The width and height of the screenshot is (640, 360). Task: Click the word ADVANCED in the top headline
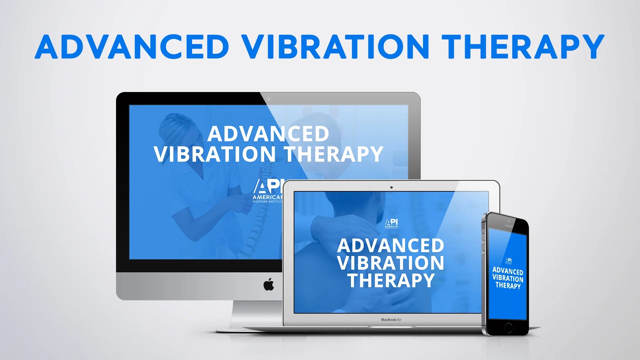tap(132, 47)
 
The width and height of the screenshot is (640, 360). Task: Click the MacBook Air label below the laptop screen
tap(391, 320)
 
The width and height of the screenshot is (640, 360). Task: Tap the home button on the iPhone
tap(508, 327)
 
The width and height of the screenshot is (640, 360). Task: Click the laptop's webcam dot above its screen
tap(391, 187)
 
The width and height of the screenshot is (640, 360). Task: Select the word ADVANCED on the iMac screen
tap(268, 134)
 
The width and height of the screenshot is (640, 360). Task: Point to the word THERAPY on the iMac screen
tap(333, 154)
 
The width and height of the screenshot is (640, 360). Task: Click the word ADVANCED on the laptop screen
tap(391, 246)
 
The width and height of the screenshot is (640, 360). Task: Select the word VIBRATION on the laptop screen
tap(391, 263)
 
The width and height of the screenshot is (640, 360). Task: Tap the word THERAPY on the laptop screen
tap(391, 280)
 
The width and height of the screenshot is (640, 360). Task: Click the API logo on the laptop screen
tap(391, 224)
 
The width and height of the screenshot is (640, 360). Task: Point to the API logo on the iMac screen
tap(267, 190)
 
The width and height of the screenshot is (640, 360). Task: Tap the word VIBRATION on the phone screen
tap(508, 278)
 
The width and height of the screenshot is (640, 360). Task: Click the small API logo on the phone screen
tap(508, 261)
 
